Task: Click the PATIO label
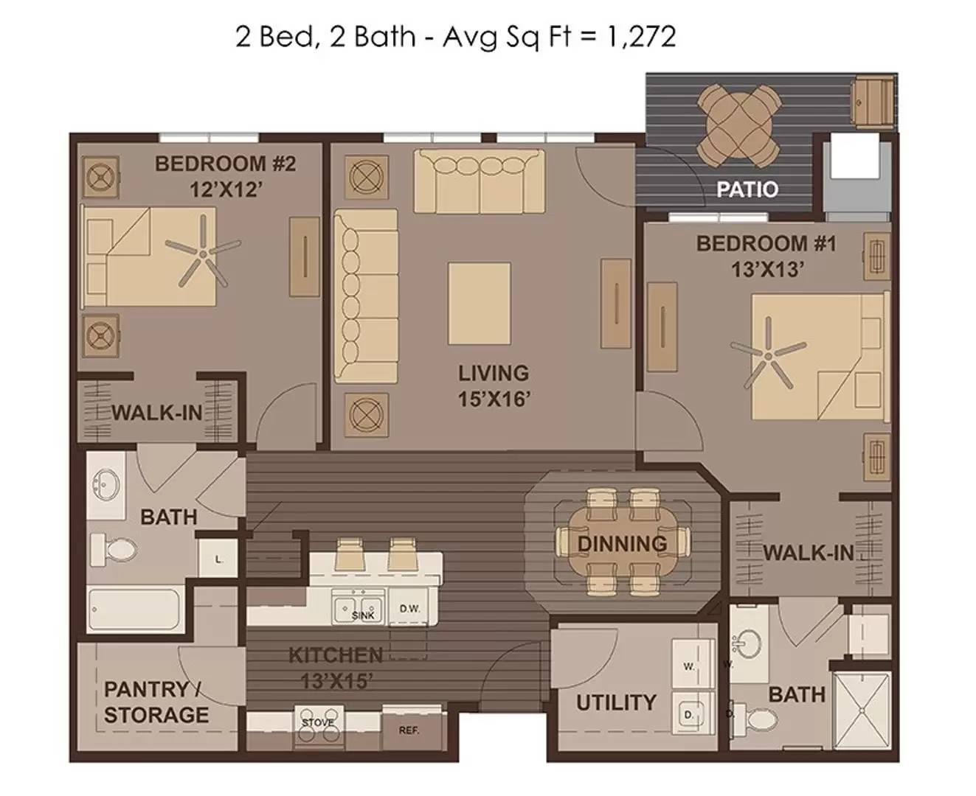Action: (747, 189)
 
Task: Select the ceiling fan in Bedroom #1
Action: (768, 355)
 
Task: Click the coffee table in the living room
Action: (480, 303)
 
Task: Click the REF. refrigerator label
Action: (409, 731)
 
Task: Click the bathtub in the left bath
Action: (134, 609)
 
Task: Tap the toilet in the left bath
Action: (114, 550)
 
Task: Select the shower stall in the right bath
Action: (861, 711)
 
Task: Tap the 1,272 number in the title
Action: (640, 37)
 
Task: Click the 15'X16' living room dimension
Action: (494, 399)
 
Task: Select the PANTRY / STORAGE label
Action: (156, 702)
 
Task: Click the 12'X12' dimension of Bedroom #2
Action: (226, 189)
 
